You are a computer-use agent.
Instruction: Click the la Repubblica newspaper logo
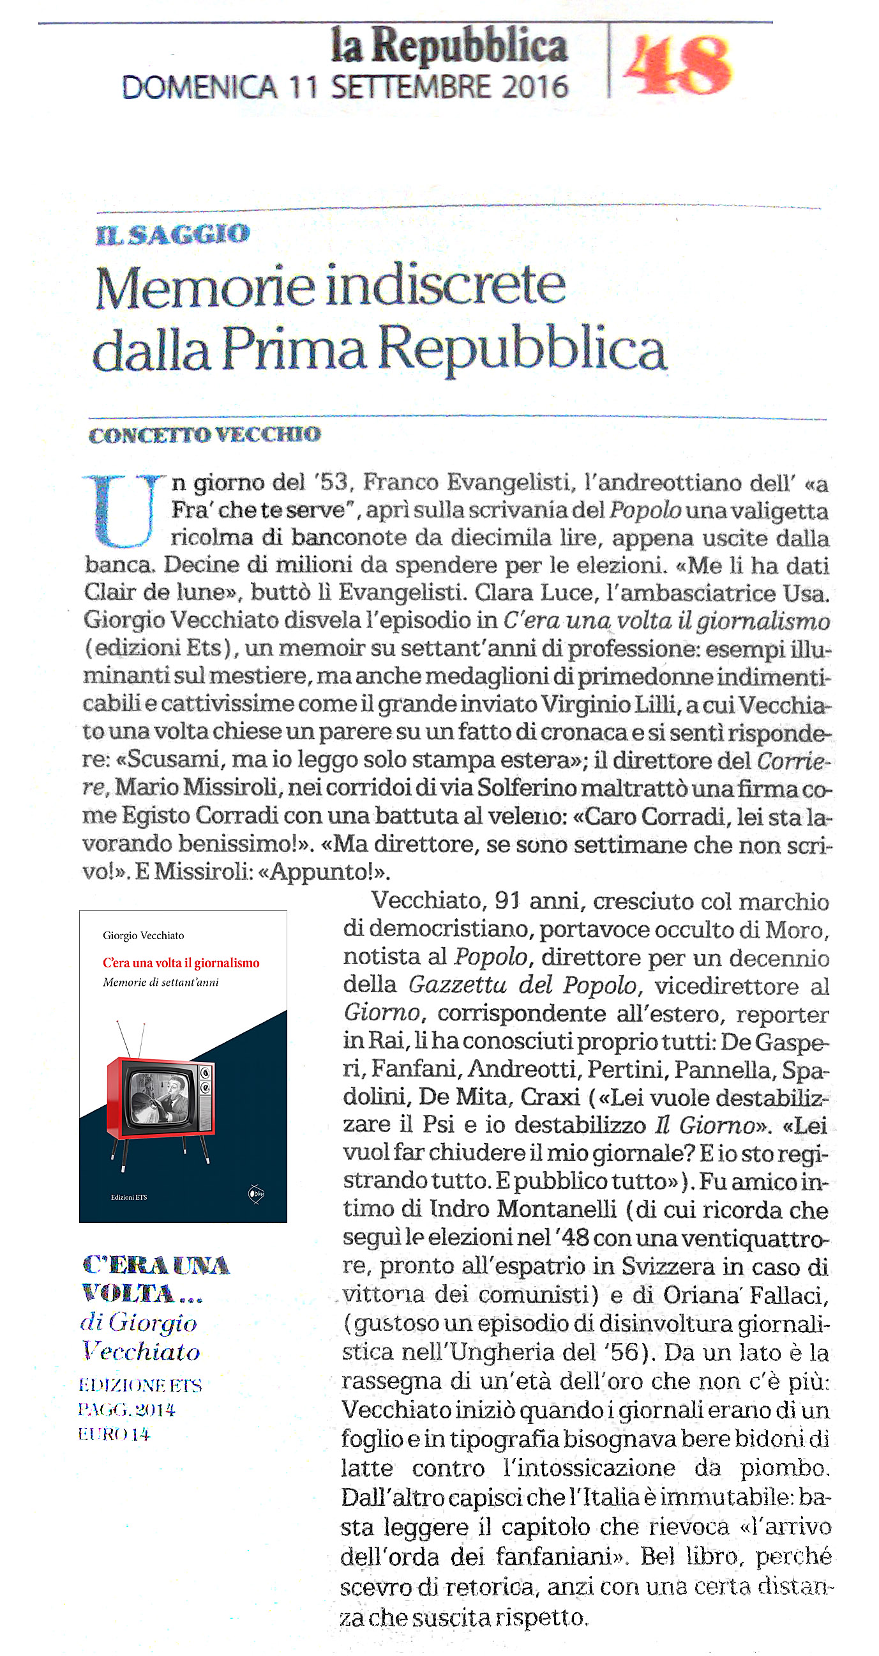449,46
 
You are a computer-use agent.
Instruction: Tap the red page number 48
677,65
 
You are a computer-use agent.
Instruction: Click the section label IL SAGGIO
173,234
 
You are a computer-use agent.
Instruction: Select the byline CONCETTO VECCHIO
204,435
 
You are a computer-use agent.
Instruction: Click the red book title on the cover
181,963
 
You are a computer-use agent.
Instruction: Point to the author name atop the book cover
143,935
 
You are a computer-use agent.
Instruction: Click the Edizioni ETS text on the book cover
128,1197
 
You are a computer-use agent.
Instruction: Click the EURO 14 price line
114,1434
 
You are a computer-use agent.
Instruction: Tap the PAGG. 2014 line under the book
126,1410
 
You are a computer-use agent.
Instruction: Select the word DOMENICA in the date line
199,88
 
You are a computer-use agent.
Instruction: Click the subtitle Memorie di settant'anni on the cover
161,982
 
